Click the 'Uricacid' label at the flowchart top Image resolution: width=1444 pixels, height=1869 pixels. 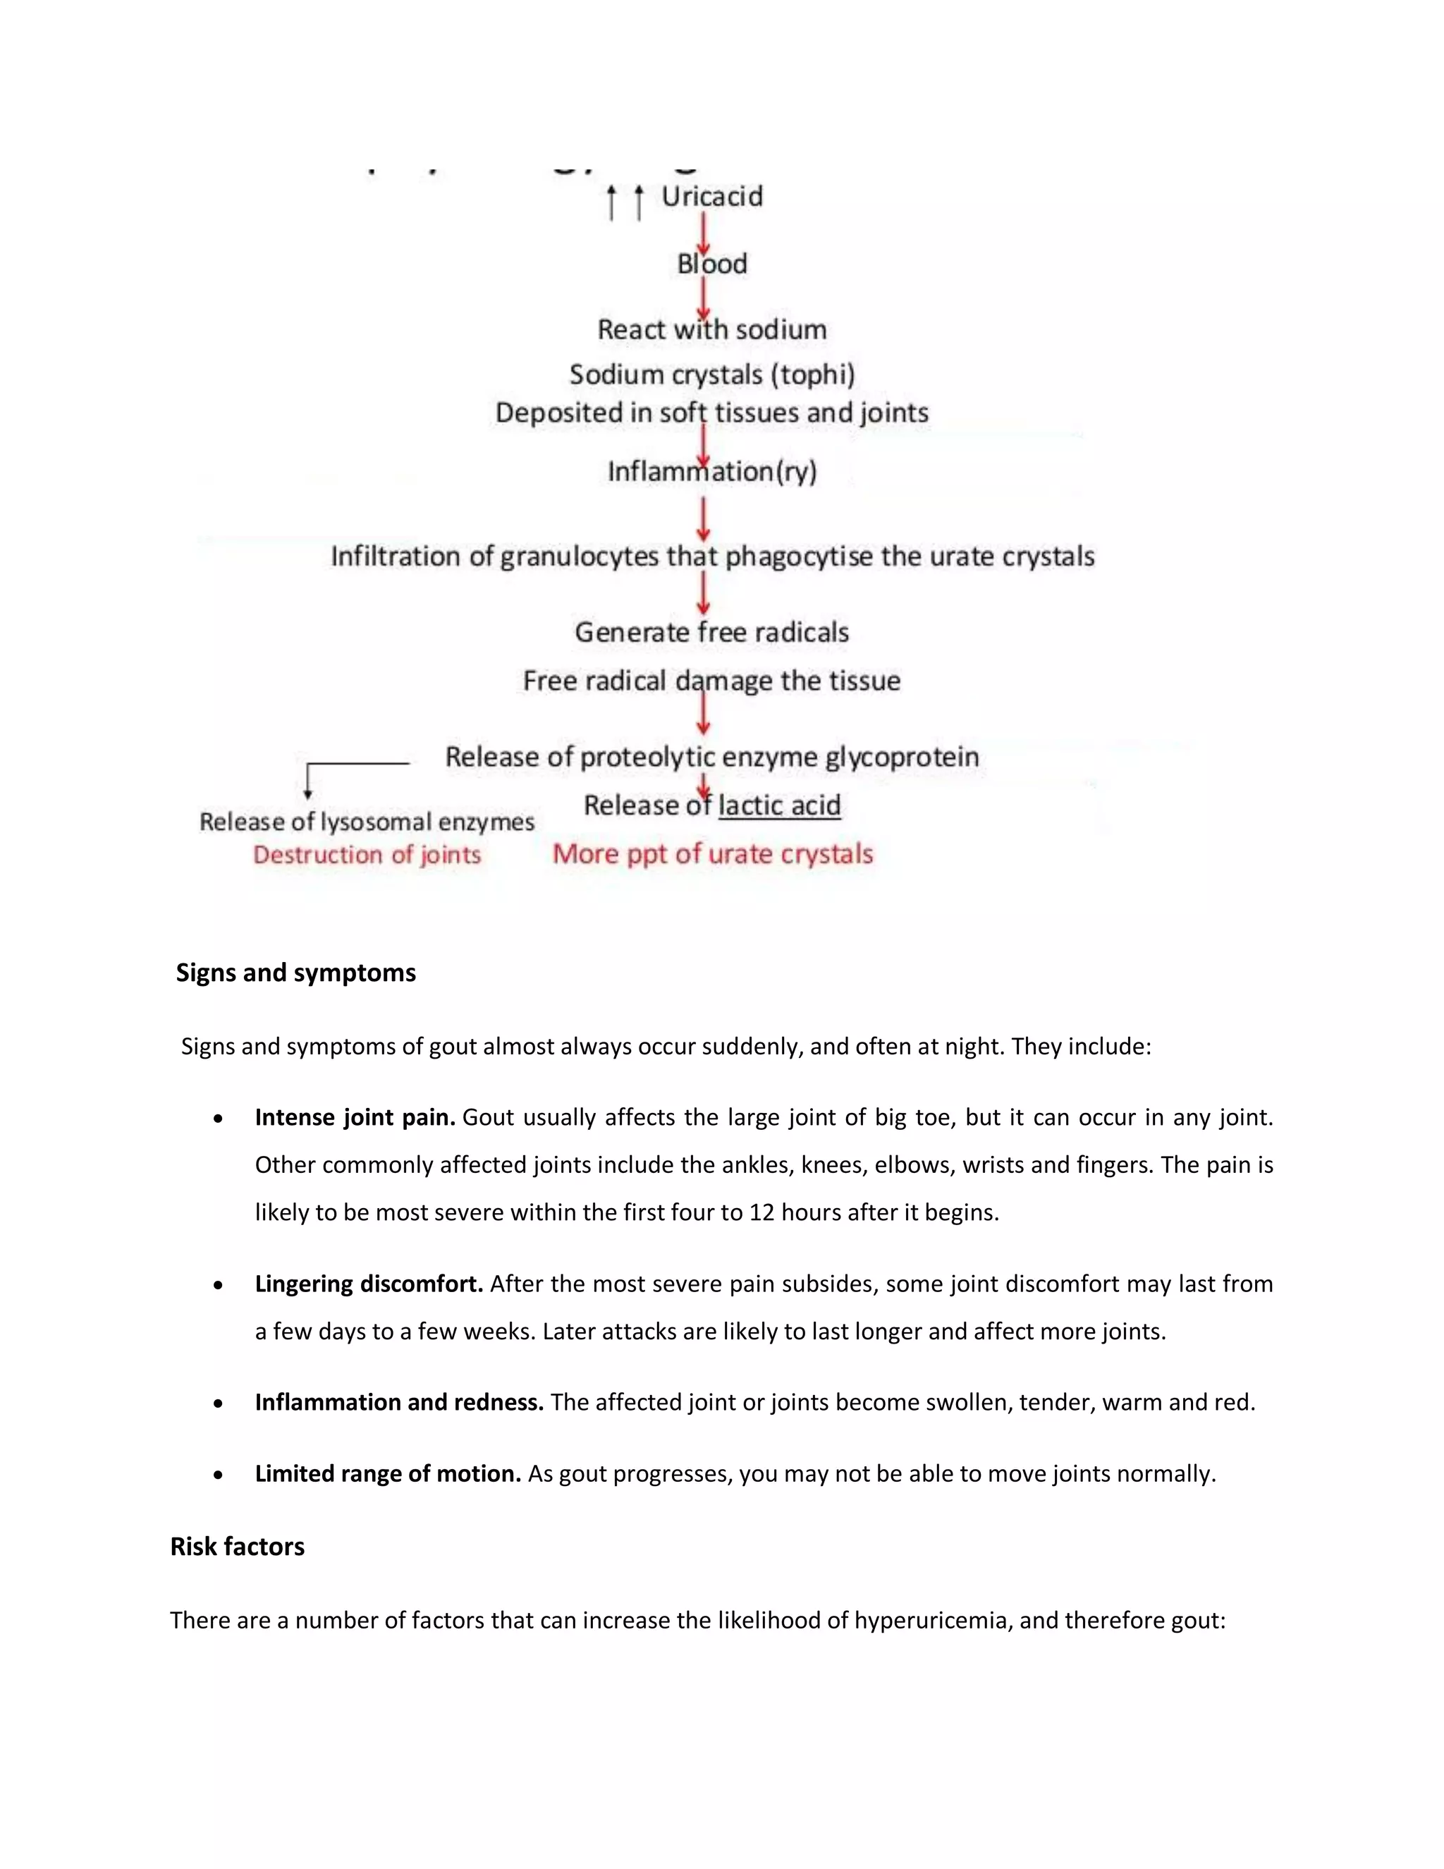[x=711, y=197]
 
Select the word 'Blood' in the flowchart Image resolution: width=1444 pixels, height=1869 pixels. [x=711, y=264]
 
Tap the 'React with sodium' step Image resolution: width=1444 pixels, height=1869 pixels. [x=711, y=329]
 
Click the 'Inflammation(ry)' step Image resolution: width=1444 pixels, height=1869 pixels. [x=711, y=472]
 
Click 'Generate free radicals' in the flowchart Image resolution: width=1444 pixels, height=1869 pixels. [x=711, y=633]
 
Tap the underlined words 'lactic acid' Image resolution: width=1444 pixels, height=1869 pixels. [x=779, y=805]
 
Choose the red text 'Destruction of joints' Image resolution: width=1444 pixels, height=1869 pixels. [x=367, y=855]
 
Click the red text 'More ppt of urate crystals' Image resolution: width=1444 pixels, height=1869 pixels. [x=713, y=854]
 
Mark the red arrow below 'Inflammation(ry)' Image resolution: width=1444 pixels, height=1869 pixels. [x=703, y=518]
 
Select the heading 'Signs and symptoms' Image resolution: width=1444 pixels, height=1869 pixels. [x=296, y=973]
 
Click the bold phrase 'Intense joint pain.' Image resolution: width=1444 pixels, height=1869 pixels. [x=354, y=1118]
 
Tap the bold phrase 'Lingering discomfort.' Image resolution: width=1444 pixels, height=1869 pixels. [x=369, y=1284]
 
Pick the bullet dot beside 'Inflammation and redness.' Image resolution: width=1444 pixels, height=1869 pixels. [x=219, y=1404]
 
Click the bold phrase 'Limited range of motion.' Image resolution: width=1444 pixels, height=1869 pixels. [x=388, y=1473]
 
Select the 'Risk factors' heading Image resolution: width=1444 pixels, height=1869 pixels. [x=237, y=1547]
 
